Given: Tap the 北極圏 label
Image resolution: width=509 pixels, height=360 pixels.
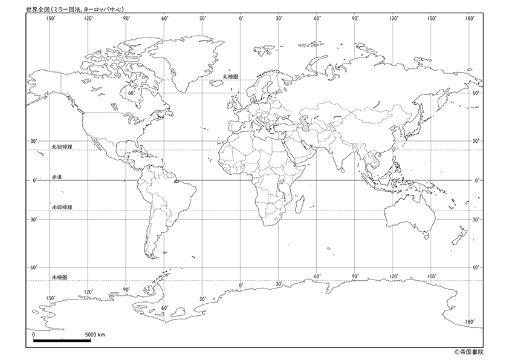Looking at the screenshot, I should pos(230,77).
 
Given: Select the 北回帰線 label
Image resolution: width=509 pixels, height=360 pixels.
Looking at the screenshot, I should pos(62,146).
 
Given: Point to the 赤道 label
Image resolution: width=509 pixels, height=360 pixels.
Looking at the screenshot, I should pos(57,177).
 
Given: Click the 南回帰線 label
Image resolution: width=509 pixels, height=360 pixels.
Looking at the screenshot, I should pos(62,207).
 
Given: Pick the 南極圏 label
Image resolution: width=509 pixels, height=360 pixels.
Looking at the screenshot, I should pos(59,277).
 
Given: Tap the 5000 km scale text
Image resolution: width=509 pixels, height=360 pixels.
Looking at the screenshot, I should pos(95,333).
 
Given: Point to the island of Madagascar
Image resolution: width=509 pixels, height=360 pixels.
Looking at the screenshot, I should pos(300,204).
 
